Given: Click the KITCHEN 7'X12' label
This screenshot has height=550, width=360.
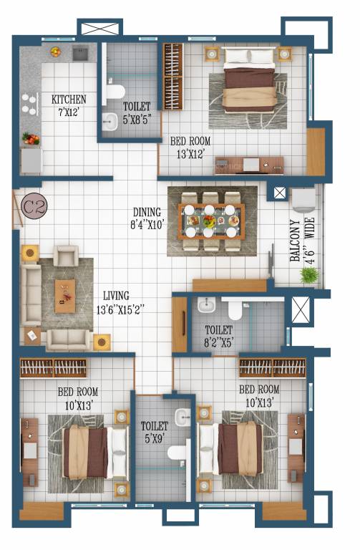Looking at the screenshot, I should point(68,105).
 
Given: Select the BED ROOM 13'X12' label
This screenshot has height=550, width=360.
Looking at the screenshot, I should point(185,147).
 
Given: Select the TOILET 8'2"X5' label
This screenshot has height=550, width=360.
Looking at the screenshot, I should point(218,335).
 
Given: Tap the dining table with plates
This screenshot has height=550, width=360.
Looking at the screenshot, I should point(211,221).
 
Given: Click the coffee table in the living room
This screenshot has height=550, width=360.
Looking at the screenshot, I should point(65,295).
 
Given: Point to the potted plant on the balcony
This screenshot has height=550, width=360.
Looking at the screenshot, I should point(310,275).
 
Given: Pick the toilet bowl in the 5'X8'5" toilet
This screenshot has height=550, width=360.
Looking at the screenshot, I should point(115,91).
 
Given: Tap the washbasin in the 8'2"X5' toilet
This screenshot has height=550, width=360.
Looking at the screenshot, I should point(204,307).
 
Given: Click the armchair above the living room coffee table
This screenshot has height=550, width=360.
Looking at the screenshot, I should point(66,256).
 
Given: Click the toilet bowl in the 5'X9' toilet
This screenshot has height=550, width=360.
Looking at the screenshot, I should point(177,453).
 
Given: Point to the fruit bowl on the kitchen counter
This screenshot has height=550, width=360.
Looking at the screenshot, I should point(54,52).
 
